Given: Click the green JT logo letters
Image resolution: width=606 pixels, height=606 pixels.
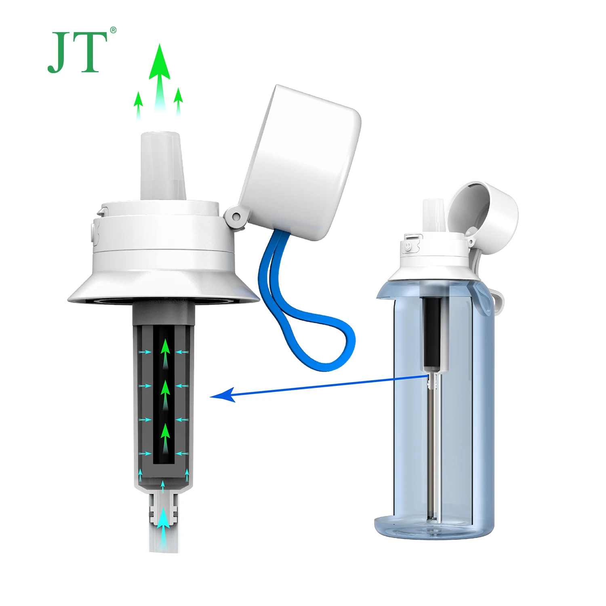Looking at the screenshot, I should point(78,53).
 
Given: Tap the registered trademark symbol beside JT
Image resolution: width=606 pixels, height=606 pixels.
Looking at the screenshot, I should point(113,30).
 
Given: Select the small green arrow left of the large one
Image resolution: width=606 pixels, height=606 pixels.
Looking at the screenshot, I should point(139,103).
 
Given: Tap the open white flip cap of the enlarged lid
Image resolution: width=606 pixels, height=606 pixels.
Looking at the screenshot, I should point(301,162).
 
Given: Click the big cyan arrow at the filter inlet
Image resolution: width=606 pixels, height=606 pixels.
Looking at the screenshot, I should point(163,525).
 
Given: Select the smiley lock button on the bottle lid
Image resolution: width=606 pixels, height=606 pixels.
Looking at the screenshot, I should point(408,246).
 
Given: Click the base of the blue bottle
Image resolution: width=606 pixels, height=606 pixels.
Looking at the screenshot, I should point(434,527).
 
